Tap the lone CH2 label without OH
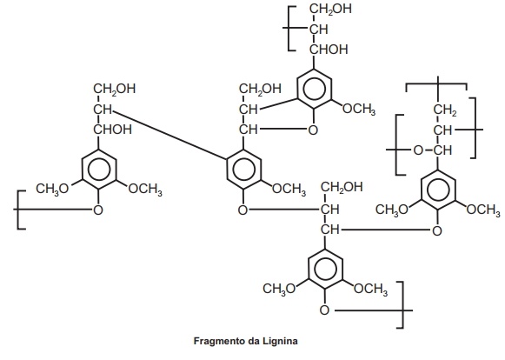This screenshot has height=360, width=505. (x=445, y=110)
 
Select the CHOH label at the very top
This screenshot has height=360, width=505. (x=329, y=50)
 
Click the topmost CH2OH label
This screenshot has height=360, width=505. (x=331, y=9)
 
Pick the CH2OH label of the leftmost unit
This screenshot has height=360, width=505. (x=115, y=89)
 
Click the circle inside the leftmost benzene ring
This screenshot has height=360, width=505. (x=99, y=170)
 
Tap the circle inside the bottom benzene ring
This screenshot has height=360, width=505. (x=325, y=269)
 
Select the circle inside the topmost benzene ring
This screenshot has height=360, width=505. (x=314, y=89)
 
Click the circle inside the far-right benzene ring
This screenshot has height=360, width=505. (x=438, y=190)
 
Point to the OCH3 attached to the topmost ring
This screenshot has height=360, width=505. (x=359, y=109)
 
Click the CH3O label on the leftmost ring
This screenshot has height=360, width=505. (x=52, y=189)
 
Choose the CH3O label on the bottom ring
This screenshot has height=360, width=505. (x=279, y=289)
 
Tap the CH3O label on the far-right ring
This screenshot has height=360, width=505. (x=392, y=210)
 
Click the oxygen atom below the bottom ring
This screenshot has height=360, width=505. (x=325, y=310)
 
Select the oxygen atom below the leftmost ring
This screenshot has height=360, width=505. (x=98, y=210)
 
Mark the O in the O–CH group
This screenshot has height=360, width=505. (x=418, y=150)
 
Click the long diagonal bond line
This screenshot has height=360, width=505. (x=170, y=135)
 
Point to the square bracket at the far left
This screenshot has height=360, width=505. (x=18, y=210)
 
